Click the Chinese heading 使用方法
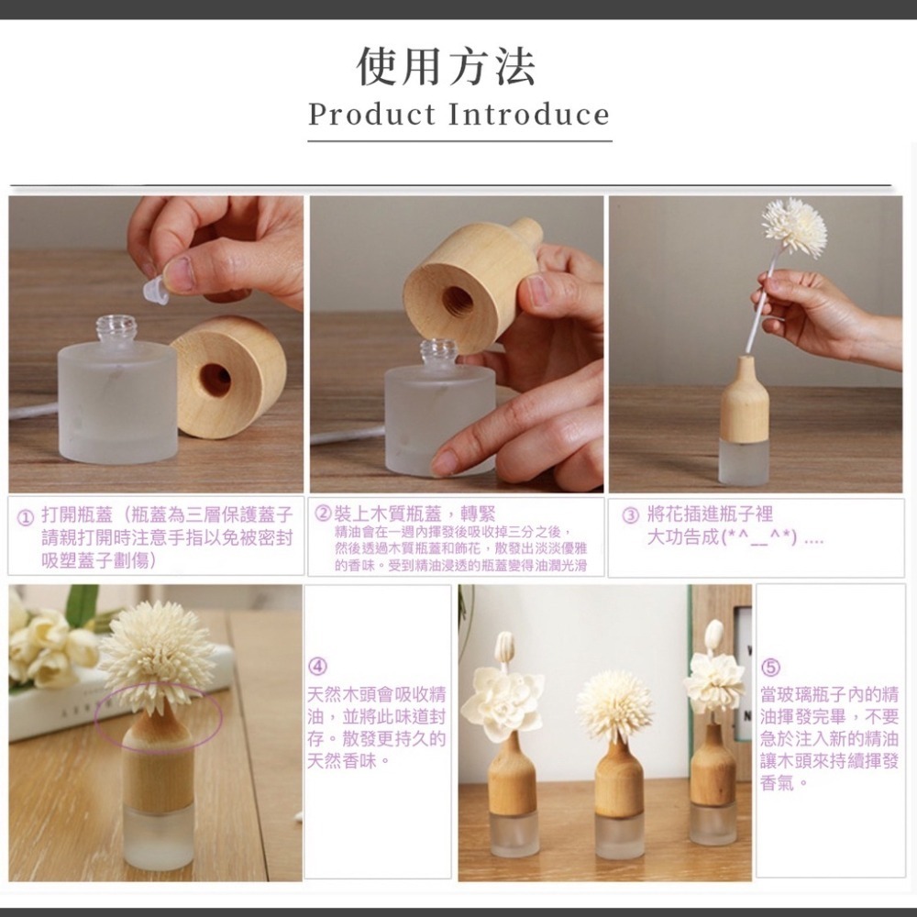(447, 66)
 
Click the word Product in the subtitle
(371, 116)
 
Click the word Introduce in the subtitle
(528, 116)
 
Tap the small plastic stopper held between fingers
(156, 291)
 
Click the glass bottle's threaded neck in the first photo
(116, 328)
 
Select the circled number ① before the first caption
(29, 515)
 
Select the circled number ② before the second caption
(323, 514)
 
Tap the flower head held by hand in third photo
(794, 226)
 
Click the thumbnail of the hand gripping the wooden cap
(458, 344)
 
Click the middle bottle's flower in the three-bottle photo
(613, 706)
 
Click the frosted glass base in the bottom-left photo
(158, 840)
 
